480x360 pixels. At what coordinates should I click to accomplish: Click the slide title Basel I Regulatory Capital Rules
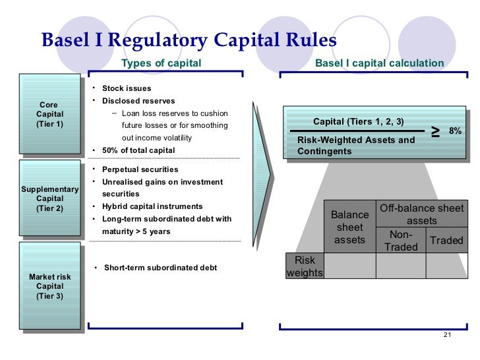pyautogui.click(x=189, y=40)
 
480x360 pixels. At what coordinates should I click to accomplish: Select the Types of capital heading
pyautogui.click(x=161, y=63)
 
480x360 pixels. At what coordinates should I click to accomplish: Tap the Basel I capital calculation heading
pyautogui.click(x=379, y=63)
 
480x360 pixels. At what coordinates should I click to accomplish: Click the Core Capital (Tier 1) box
pyautogui.click(x=50, y=115)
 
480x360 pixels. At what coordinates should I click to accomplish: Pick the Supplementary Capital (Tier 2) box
pyautogui.click(x=50, y=198)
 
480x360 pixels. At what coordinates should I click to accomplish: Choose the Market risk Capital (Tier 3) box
pyautogui.click(x=50, y=287)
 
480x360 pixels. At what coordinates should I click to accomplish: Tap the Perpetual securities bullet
pyautogui.click(x=136, y=169)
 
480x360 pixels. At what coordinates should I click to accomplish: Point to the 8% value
pyautogui.click(x=455, y=131)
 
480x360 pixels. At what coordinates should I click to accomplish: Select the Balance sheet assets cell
pyautogui.click(x=349, y=227)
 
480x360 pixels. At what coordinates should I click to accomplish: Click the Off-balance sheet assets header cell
pyautogui.click(x=422, y=214)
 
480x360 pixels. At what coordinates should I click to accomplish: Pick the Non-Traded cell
pyautogui.click(x=401, y=241)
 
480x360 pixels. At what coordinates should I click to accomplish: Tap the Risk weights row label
pyautogui.click(x=305, y=266)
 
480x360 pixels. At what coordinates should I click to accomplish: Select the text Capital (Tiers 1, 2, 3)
pyautogui.click(x=359, y=122)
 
